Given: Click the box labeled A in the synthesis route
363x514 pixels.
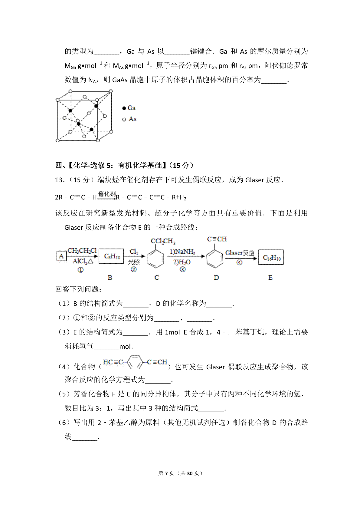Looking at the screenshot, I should coord(61,256).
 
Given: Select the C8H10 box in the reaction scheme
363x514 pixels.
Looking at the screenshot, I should coord(112,256).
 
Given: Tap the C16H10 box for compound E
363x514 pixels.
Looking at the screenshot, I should coord(271,257).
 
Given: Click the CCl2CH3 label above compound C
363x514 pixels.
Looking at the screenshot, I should coord(163,241).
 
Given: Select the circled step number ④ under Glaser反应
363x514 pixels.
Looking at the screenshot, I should coord(239,262).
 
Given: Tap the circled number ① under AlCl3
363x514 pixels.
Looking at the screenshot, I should coord(80,270).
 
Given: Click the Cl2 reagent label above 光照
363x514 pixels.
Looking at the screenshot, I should coord(134,252).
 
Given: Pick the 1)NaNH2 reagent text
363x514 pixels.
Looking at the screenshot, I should coord(182,252).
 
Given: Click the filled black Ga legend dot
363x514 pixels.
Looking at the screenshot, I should coord(124,108).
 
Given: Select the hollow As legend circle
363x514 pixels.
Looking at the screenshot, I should coord(124,120).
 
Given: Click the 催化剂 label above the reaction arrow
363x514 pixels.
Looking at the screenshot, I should coord(107,194).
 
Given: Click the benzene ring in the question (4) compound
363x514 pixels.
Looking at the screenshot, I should coord(135,362).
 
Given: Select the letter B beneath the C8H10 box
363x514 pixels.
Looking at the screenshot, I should coord(110,278).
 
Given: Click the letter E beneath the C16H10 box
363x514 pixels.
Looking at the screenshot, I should coord(270,278).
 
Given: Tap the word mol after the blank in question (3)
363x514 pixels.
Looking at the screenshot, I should coord(125,347).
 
